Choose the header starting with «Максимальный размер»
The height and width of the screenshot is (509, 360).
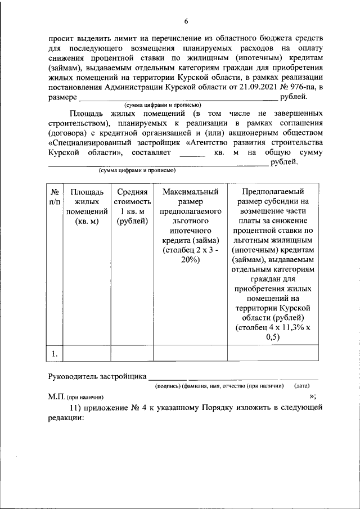pyautogui.click(x=190, y=226)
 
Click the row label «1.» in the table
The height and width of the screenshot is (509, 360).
pyautogui.click(x=54, y=353)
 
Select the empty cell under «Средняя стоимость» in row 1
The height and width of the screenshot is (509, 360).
pyautogui.click(x=132, y=353)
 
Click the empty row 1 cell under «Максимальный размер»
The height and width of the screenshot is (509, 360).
pyautogui.click(x=190, y=353)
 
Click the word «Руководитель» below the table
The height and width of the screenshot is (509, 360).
pyautogui.click(x=72, y=376)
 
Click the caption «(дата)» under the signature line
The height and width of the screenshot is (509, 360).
pyautogui.click(x=301, y=386)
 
